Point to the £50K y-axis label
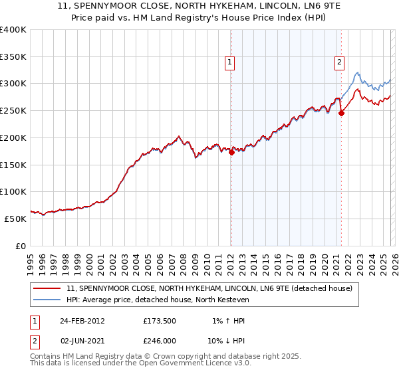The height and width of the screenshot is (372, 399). pos(15,219)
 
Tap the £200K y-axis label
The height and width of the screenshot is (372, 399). pos(13,138)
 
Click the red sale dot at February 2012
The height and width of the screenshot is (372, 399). pos(231,152)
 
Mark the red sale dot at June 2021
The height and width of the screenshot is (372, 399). pos(341,114)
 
